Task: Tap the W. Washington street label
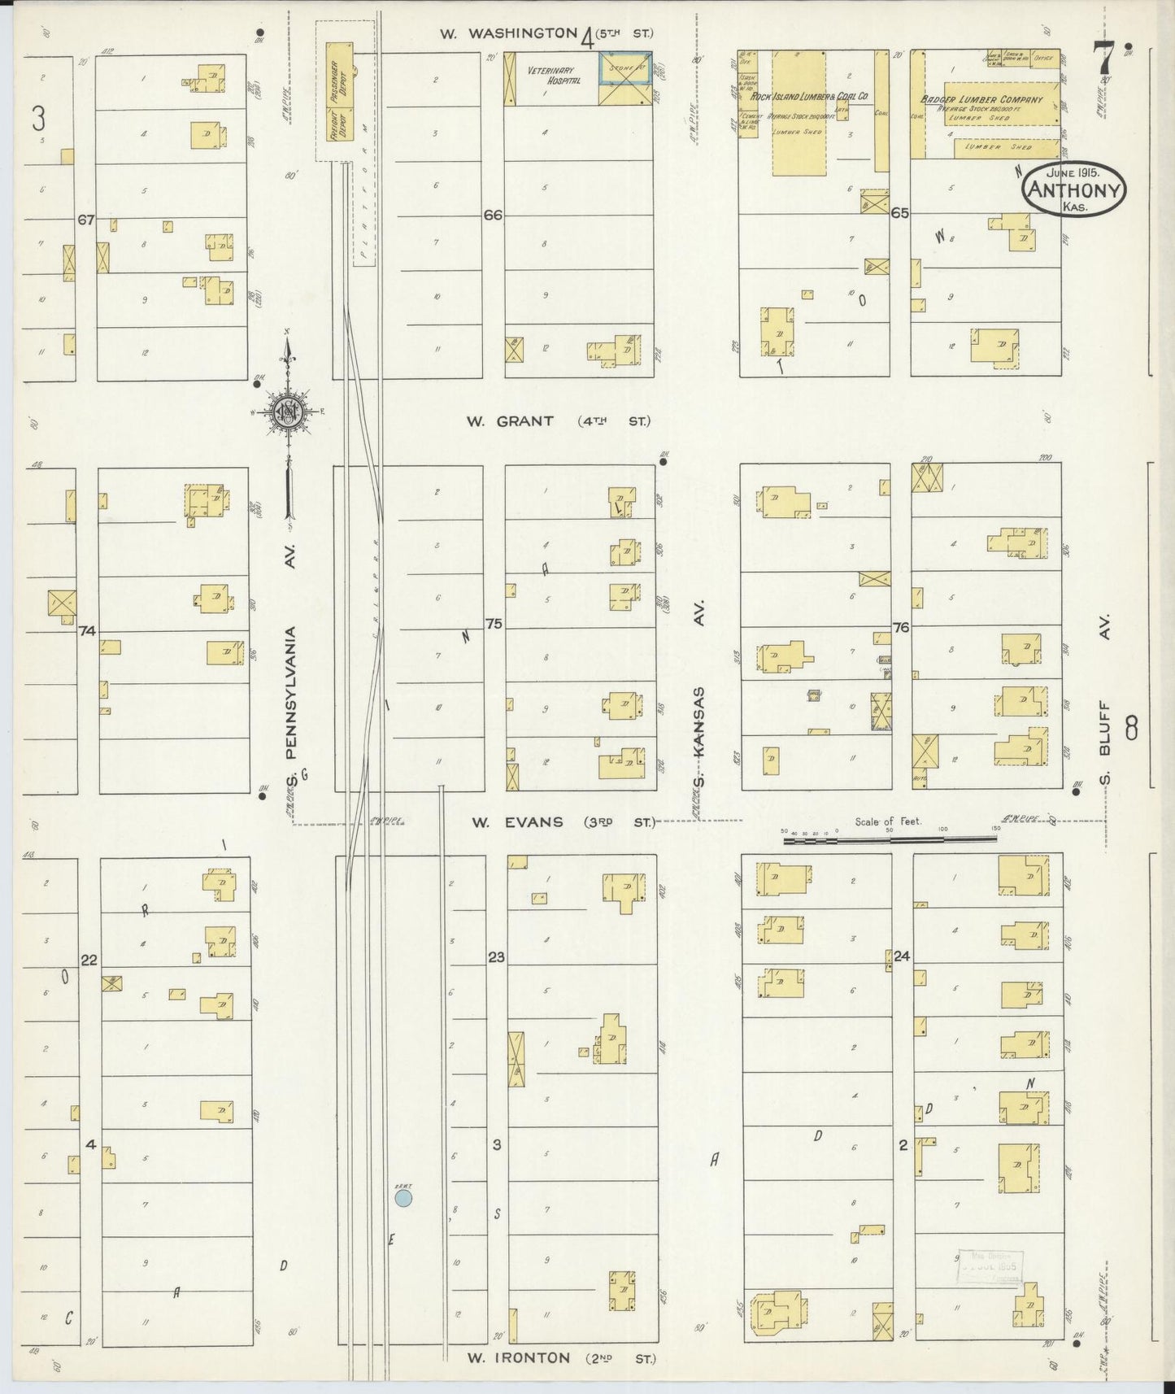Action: (507, 33)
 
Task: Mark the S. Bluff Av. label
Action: (1106, 699)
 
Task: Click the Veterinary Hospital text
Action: (553, 76)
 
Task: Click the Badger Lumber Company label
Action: (993, 100)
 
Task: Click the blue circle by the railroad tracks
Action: (403, 1198)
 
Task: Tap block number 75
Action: (493, 624)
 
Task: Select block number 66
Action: (493, 216)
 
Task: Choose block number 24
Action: (901, 956)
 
